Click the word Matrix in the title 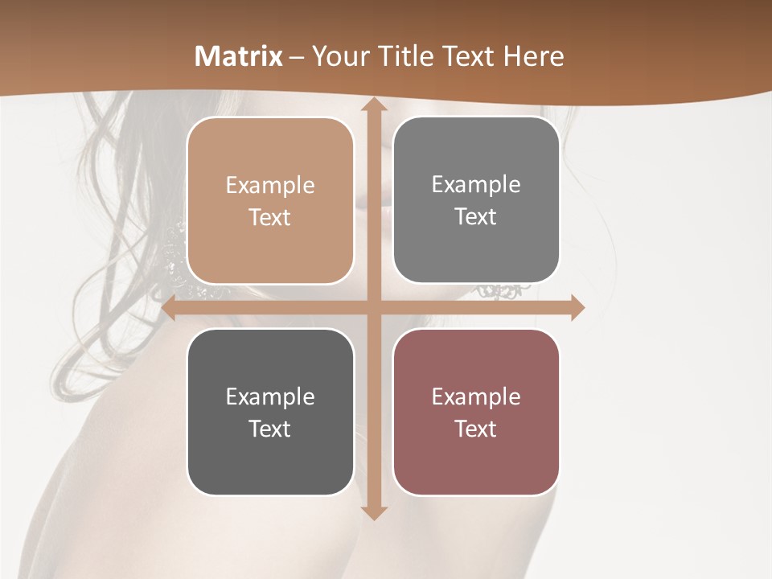(x=239, y=56)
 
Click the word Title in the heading (x=404, y=56)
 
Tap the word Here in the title (x=533, y=56)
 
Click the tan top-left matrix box (x=270, y=201)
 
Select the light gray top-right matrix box (x=476, y=200)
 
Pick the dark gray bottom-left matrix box (x=270, y=412)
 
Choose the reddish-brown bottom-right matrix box (x=476, y=412)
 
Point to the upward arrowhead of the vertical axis (x=373, y=104)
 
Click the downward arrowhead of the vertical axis (x=373, y=511)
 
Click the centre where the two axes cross (x=373, y=307)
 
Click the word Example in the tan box (x=270, y=186)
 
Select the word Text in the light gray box (x=476, y=217)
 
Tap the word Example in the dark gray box (x=270, y=397)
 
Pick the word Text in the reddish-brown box (x=476, y=429)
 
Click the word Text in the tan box (x=270, y=218)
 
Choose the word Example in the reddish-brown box (x=476, y=397)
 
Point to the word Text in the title (x=466, y=56)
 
